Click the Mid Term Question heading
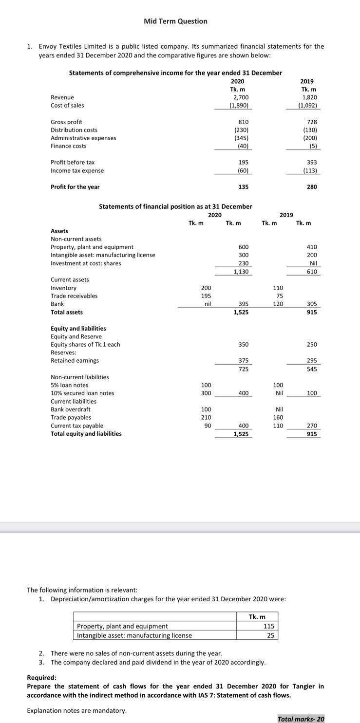[x=175, y=21]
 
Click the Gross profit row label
[x=66, y=122]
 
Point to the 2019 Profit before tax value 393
[x=312, y=162]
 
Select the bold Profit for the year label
[x=75, y=187]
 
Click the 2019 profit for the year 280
[x=312, y=187]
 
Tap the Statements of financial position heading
[x=175, y=206]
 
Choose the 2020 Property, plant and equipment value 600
[x=244, y=247]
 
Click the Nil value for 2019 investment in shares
[x=313, y=263]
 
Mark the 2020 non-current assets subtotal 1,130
[x=241, y=272]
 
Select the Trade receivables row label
[x=74, y=296]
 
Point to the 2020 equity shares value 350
[x=244, y=345]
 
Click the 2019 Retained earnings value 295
[x=312, y=361]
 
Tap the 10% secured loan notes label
[x=82, y=393]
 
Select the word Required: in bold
[x=41, y=678]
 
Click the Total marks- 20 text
[x=301, y=719]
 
